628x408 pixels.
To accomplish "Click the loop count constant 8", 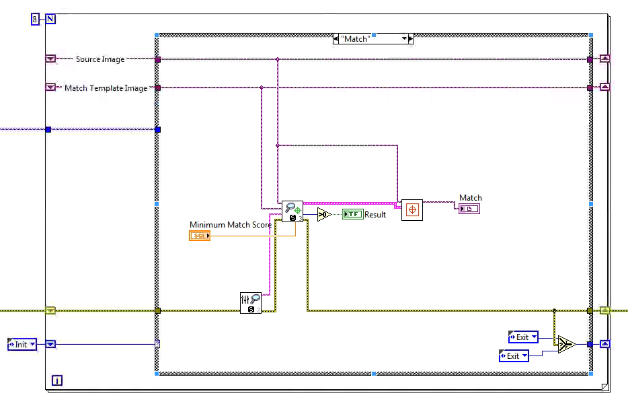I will pyautogui.click(x=35, y=19).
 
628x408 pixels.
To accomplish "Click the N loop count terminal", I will pyautogui.click(x=50, y=19).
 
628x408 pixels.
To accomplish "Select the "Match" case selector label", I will pyautogui.click(x=372, y=39).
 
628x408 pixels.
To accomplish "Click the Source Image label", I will pyautogui.click(x=100, y=59).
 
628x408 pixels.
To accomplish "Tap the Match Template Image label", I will pyautogui.click(x=105, y=88).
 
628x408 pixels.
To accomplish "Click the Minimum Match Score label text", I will pyautogui.click(x=230, y=225).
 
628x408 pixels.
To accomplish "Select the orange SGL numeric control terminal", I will pyautogui.click(x=200, y=236).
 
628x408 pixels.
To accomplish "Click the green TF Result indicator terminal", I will pyautogui.click(x=352, y=214).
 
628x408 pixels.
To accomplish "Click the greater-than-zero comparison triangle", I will pyautogui.click(x=323, y=214).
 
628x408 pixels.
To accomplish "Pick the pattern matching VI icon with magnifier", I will pyautogui.click(x=292, y=211).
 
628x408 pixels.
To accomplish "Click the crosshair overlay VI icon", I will pyautogui.click(x=411, y=210).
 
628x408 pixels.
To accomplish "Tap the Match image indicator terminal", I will pyautogui.click(x=469, y=209).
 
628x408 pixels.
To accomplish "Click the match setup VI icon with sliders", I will pyautogui.click(x=250, y=302).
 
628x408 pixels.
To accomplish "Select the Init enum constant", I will pyautogui.click(x=22, y=344).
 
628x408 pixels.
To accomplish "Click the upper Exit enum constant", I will pyautogui.click(x=524, y=337).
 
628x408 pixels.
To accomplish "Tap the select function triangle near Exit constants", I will pyautogui.click(x=565, y=345).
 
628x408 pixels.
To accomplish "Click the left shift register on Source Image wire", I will pyautogui.click(x=50, y=59).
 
